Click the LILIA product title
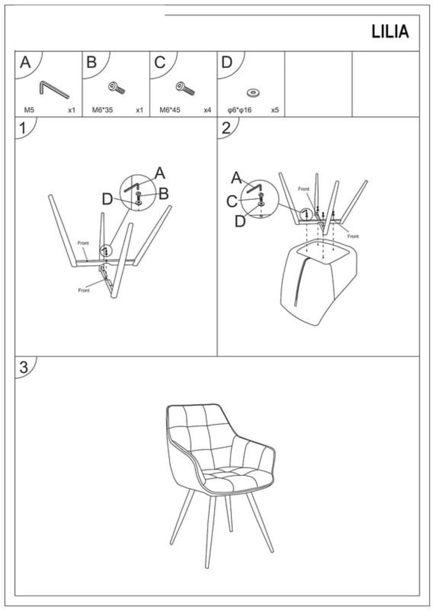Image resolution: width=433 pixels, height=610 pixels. (x=390, y=32)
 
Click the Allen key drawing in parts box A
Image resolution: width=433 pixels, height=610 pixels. (x=54, y=90)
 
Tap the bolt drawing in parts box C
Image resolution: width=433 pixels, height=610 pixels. (x=185, y=88)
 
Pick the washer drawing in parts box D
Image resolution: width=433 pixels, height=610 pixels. (x=253, y=93)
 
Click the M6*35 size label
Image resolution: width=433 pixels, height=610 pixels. (x=102, y=110)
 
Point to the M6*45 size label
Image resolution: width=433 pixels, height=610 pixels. (x=170, y=110)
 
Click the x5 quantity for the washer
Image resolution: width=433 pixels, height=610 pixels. (x=275, y=110)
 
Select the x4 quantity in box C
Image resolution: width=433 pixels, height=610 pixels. (x=207, y=110)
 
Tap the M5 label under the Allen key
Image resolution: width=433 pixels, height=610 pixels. (x=29, y=110)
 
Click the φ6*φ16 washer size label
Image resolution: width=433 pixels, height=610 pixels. (x=240, y=110)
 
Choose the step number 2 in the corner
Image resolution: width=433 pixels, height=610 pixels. (x=227, y=128)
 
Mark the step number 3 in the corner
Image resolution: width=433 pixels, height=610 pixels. (x=24, y=367)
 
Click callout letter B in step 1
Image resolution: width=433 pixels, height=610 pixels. (x=164, y=194)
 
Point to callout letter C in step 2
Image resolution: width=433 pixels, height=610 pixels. (x=232, y=202)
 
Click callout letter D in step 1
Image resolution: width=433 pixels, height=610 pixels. (x=107, y=199)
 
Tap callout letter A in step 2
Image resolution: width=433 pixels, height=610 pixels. (x=236, y=178)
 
